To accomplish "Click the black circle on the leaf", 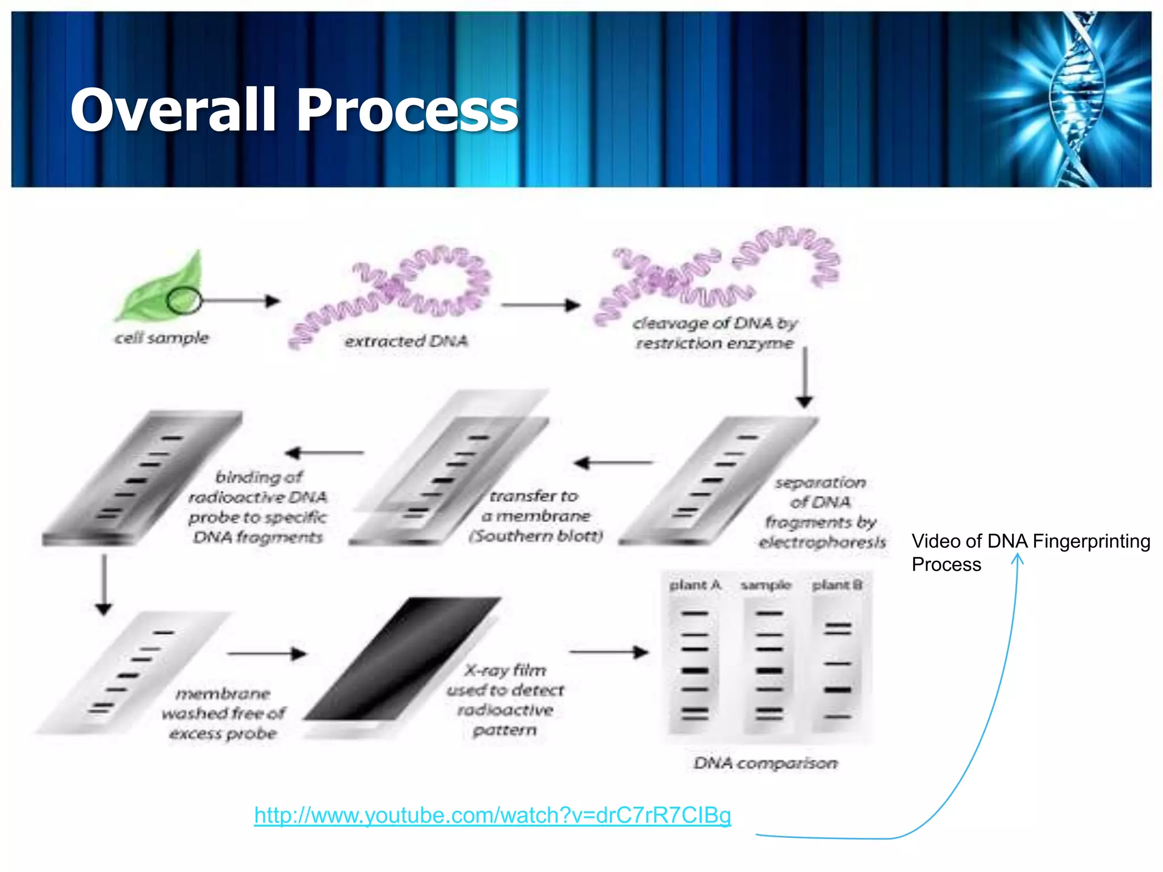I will coord(184,300).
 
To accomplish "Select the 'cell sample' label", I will coord(162,338).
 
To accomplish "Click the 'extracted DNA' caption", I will coord(406,341).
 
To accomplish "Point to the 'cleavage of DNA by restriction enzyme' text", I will coord(714,333).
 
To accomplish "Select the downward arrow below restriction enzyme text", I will coord(804,378).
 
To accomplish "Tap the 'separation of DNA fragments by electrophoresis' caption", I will coord(821,513).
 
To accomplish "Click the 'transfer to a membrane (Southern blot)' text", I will coord(536,516).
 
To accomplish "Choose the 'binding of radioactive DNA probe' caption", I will coord(258,507).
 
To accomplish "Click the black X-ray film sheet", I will coord(403,659).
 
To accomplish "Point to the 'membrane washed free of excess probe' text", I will coord(223,714).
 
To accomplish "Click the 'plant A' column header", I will coord(695,585).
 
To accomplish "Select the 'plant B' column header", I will coord(837,585).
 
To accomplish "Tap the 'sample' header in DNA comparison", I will coord(765,585).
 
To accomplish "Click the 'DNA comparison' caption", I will coord(765,763).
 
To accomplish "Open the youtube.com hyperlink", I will coord(492,815).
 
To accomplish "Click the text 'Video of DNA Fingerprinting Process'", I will coord(1030,552).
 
